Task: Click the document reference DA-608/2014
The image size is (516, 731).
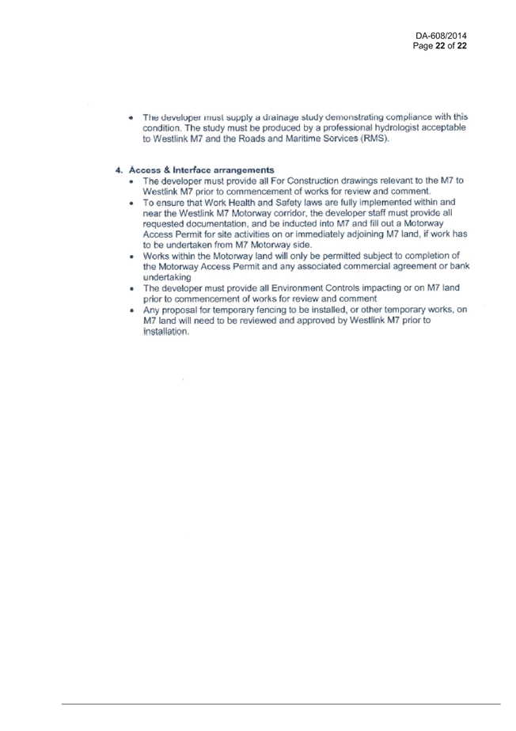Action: (441, 36)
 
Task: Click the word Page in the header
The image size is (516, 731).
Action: (423, 46)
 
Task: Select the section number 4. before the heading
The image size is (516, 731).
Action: (120, 170)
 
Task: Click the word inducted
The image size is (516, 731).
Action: (301, 224)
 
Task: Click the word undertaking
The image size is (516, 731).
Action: (167, 277)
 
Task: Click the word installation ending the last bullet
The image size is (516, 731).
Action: (165, 332)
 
